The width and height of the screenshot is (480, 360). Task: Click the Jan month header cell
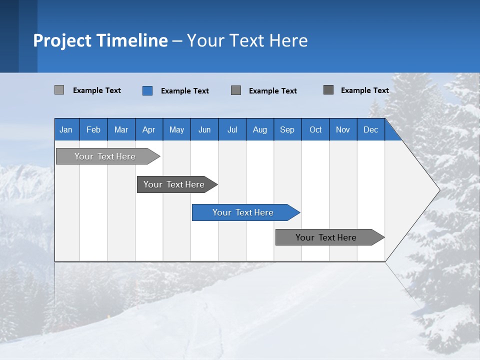pos(66,129)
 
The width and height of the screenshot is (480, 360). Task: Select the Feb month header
pos(93,129)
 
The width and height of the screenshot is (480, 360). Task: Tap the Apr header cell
pos(148,129)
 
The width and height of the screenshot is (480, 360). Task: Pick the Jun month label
pos(204,129)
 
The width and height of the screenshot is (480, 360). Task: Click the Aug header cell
pos(259,129)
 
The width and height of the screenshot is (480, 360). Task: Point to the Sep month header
pos(287,129)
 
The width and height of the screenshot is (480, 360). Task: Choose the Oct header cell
pos(315,129)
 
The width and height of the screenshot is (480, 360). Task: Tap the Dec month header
pos(371,129)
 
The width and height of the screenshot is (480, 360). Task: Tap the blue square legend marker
pos(147,90)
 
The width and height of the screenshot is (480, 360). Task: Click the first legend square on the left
pos(59,90)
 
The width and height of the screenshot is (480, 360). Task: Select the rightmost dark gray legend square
pos(328,90)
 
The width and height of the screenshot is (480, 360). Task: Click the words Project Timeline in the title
pos(100,40)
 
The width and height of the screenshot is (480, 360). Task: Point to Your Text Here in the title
pos(247,40)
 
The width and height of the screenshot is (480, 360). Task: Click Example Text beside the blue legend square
pos(184,91)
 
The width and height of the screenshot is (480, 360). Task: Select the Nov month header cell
pos(343,129)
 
